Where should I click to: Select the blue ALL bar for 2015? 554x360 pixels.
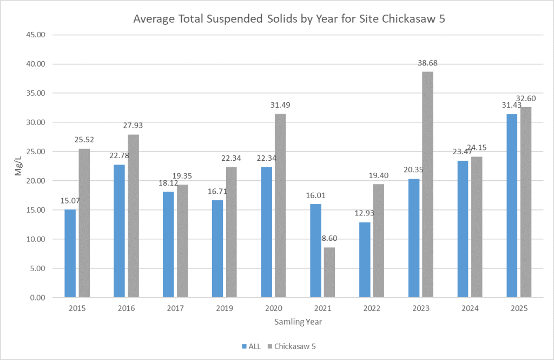coord(70,253)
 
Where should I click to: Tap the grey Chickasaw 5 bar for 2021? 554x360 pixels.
coord(329,272)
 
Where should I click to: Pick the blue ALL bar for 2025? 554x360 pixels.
coord(512,206)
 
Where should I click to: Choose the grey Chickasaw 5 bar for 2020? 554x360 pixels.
coord(280,205)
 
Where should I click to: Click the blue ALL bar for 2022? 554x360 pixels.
coord(365,260)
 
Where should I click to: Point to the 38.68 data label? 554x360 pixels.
coord(427,63)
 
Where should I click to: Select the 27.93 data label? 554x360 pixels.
coord(133,126)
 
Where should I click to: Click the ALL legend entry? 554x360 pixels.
coord(250,345)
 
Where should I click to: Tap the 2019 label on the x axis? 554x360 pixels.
coord(225,309)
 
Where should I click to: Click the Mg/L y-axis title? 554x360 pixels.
coord(18,166)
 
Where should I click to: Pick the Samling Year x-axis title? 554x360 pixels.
coord(298,322)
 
